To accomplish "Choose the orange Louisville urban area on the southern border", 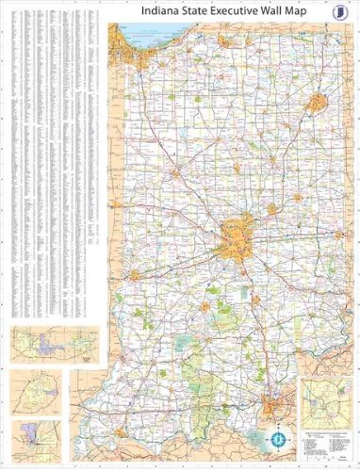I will (275, 408).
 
